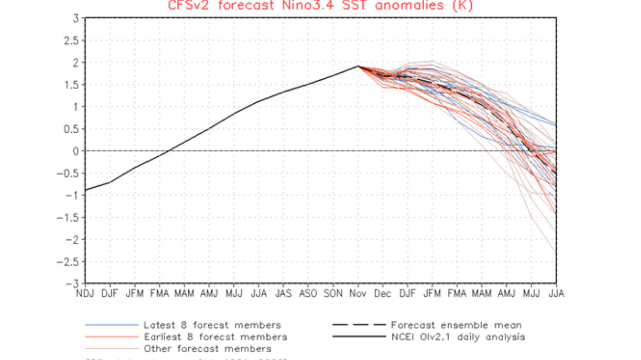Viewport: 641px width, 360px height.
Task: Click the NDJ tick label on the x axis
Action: pyautogui.click(x=85, y=293)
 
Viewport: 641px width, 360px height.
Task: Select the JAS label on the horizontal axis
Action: pyautogui.click(x=283, y=293)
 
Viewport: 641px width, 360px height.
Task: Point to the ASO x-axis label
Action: pyautogui.click(x=308, y=293)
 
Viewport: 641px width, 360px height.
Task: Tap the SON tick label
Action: pyautogui.click(x=333, y=293)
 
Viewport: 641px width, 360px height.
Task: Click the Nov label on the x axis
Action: pyautogui.click(x=358, y=293)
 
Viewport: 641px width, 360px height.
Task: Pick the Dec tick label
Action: pyautogui.click(x=382, y=293)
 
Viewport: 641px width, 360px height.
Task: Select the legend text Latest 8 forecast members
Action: pyautogui.click(x=212, y=325)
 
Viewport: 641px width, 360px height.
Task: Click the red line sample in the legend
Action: pyautogui.click(x=112, y=337)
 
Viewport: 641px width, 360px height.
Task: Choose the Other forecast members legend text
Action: pyautogui.click(x=207, y=349)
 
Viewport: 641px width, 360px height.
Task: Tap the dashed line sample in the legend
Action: pyautogui.click(x=359, y=325)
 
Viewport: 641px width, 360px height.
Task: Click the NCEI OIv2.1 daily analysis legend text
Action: pyautogui.click(x=457, y=337)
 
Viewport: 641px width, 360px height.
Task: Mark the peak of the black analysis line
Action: pyautogui.click(x=358, y=66)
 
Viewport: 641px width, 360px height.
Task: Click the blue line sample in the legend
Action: pyautogui.click(x=112, y=325)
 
